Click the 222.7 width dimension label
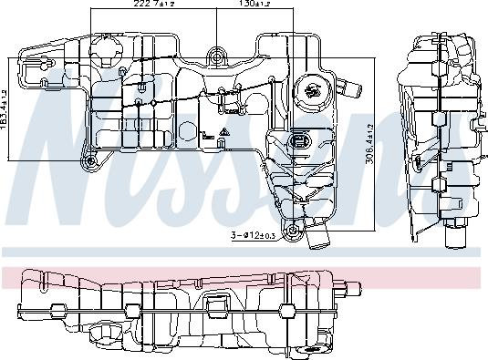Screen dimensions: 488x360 tap(154, 4)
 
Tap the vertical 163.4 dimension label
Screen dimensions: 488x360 tap(4, 110)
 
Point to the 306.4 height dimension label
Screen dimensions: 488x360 tap(369, 145)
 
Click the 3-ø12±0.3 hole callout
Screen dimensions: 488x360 tap(254, 235)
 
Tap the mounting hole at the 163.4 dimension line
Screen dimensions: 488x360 tap(90, 161)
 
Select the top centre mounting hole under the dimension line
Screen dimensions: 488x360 tap(216, 57)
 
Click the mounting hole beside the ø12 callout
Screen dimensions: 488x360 tap(293, 231)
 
